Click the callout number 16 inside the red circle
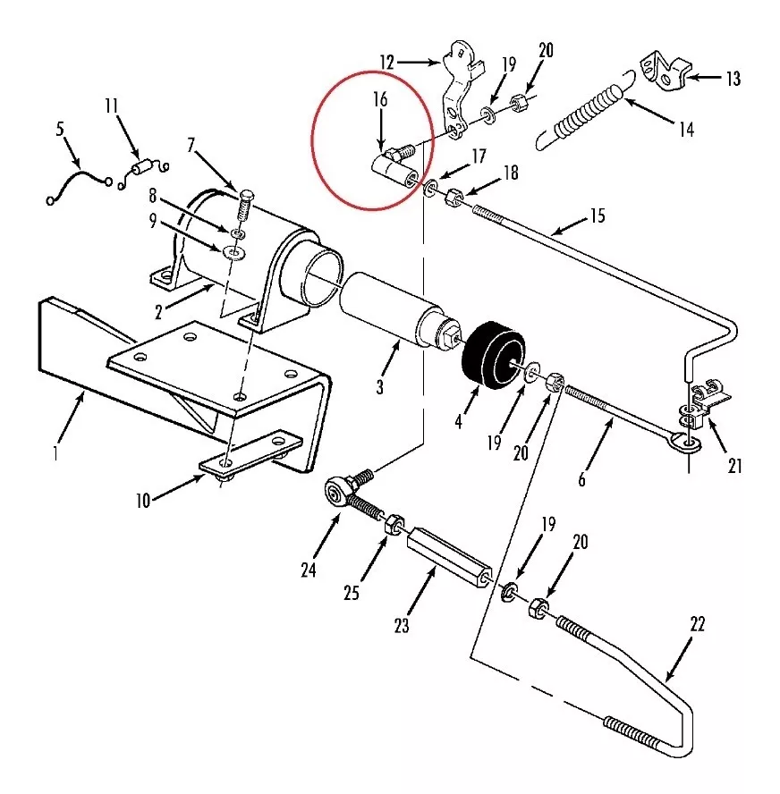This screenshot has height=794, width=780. (380, 99)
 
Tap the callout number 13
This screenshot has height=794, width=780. (733, 79)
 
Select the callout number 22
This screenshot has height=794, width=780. (698, 624)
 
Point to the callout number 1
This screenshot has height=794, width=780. (55, 452)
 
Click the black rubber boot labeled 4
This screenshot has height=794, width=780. (494, 353)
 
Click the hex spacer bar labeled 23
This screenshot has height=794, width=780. (449, 556)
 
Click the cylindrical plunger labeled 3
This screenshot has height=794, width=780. (400, 312)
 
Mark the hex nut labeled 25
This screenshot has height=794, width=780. (394, 525)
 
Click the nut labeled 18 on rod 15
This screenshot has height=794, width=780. (454, 197)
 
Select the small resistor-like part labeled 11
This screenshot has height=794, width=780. (143, 167)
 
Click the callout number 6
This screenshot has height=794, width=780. (581, 479)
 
